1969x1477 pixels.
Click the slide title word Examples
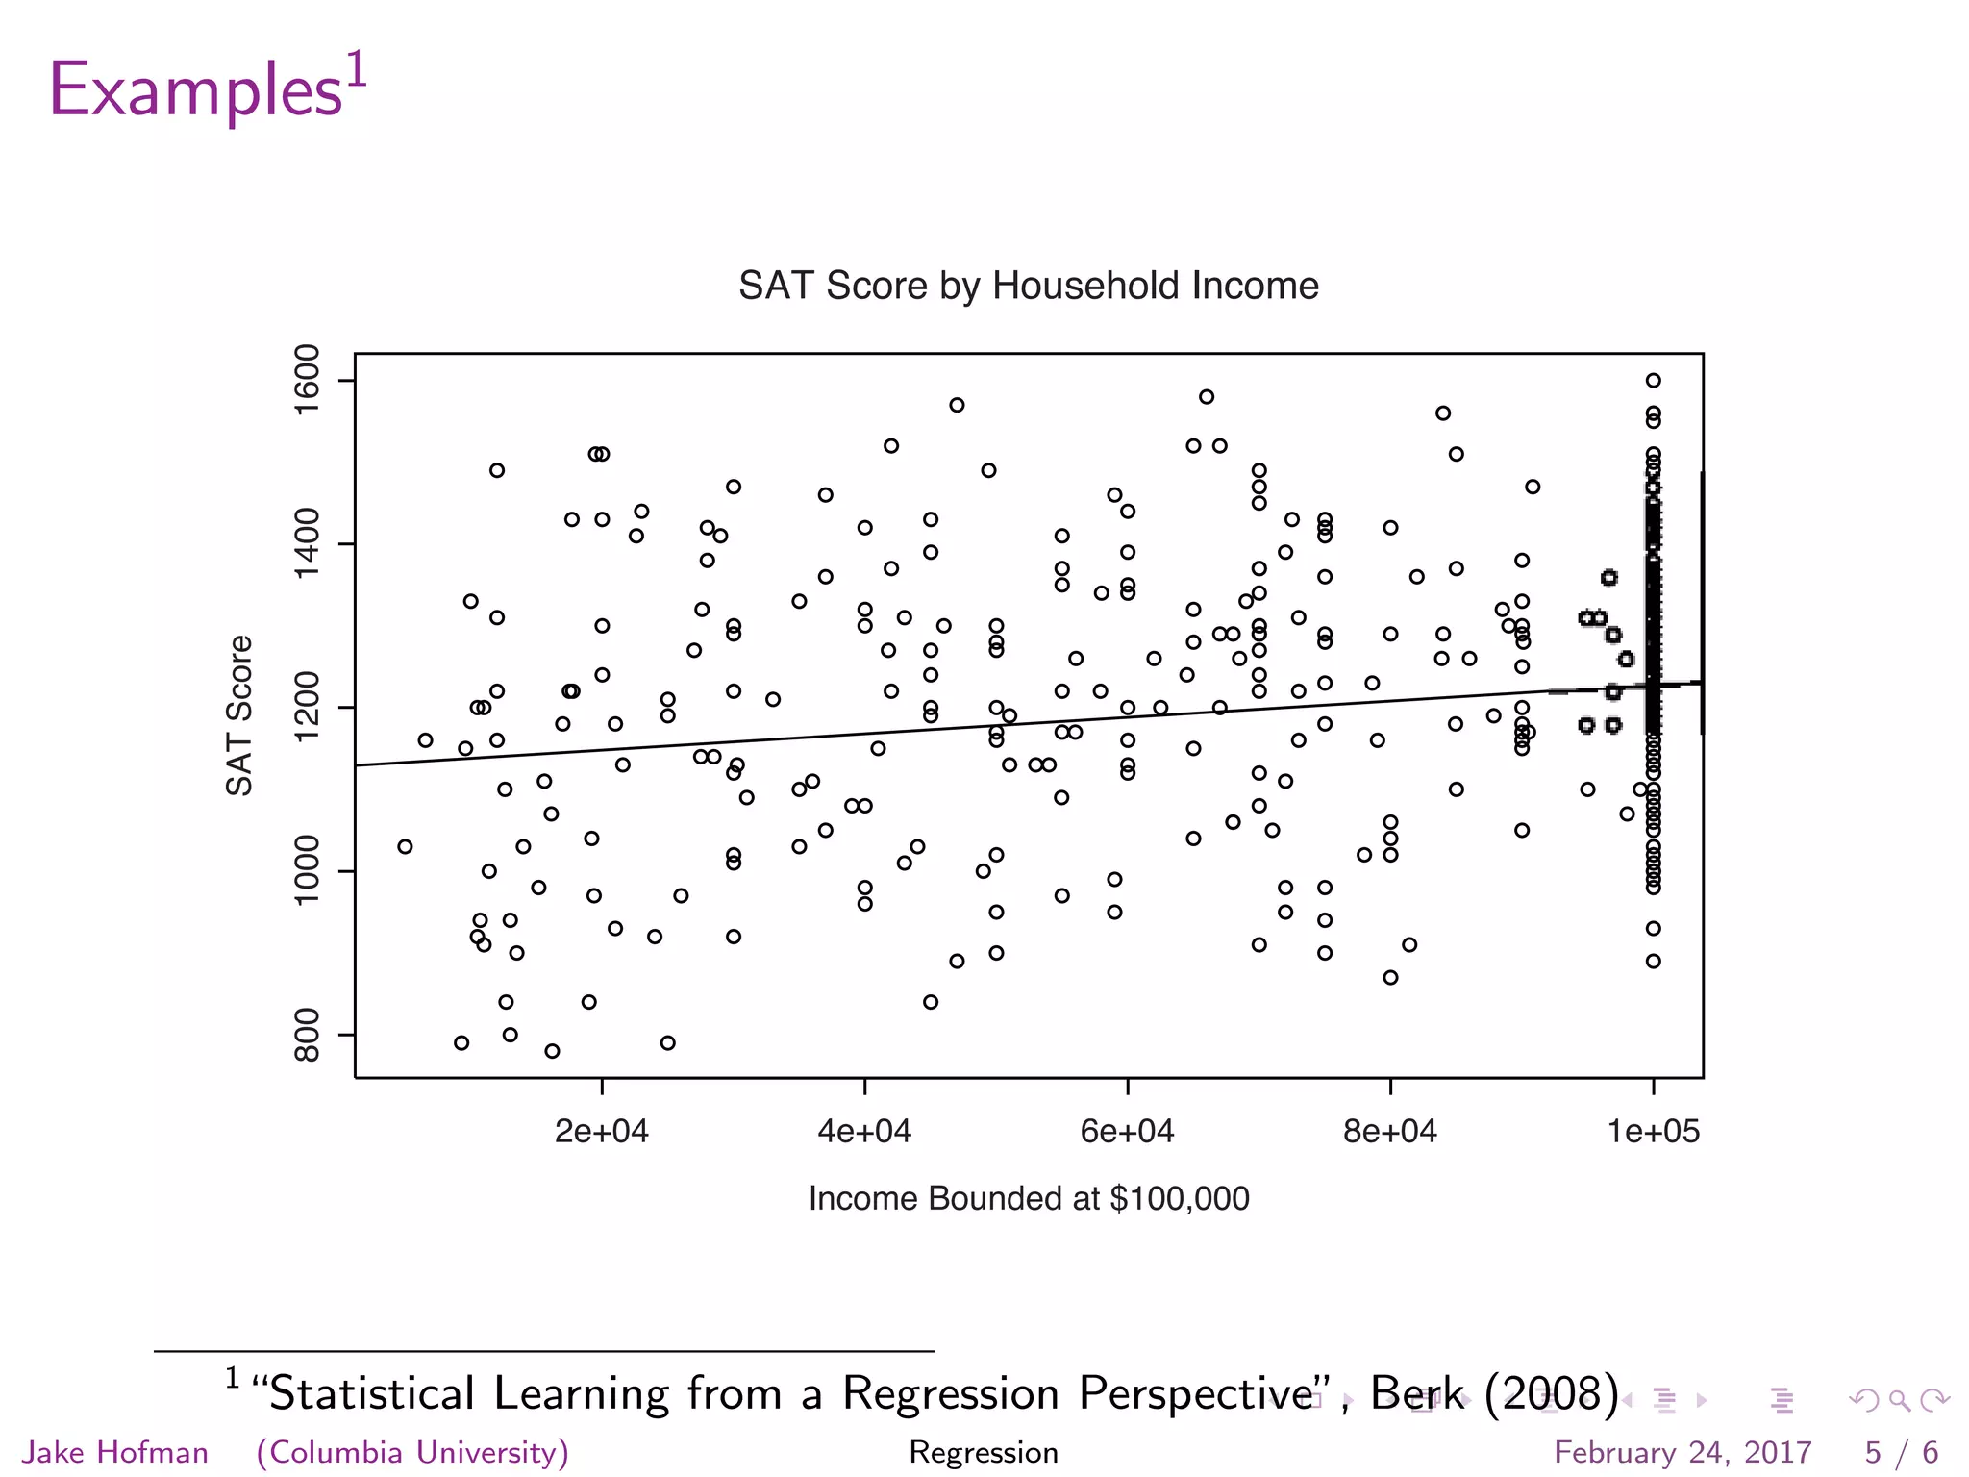click(195, 89)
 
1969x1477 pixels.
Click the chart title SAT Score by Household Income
click(1028, 286)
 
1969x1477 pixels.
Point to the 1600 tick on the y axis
click(307, 380)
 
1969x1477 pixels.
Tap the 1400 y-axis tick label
click(307, 544)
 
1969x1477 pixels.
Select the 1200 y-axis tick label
click(307, 708)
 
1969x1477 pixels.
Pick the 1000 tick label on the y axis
click(307, 871)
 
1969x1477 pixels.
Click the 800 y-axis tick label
click(307, 1035)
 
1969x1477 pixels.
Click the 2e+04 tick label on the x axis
click(602, 1132)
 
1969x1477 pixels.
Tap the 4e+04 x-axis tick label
click(864, 1132)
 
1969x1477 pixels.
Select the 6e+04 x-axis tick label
click(1127, 1132)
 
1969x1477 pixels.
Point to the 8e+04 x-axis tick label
click(1390, 1132)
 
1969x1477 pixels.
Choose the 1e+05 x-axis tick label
click(1654, 1132)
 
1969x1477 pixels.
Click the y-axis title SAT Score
click(239, 715)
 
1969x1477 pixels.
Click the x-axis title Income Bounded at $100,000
click(1029, 1198)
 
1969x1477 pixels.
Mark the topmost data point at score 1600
click(1653, 381)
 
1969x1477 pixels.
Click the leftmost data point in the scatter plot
click(405, 846)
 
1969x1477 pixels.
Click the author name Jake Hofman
click(114, 1452)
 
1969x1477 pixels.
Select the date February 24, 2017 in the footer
click(1682, 1452)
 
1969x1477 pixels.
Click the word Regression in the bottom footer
click(984, 1452)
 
